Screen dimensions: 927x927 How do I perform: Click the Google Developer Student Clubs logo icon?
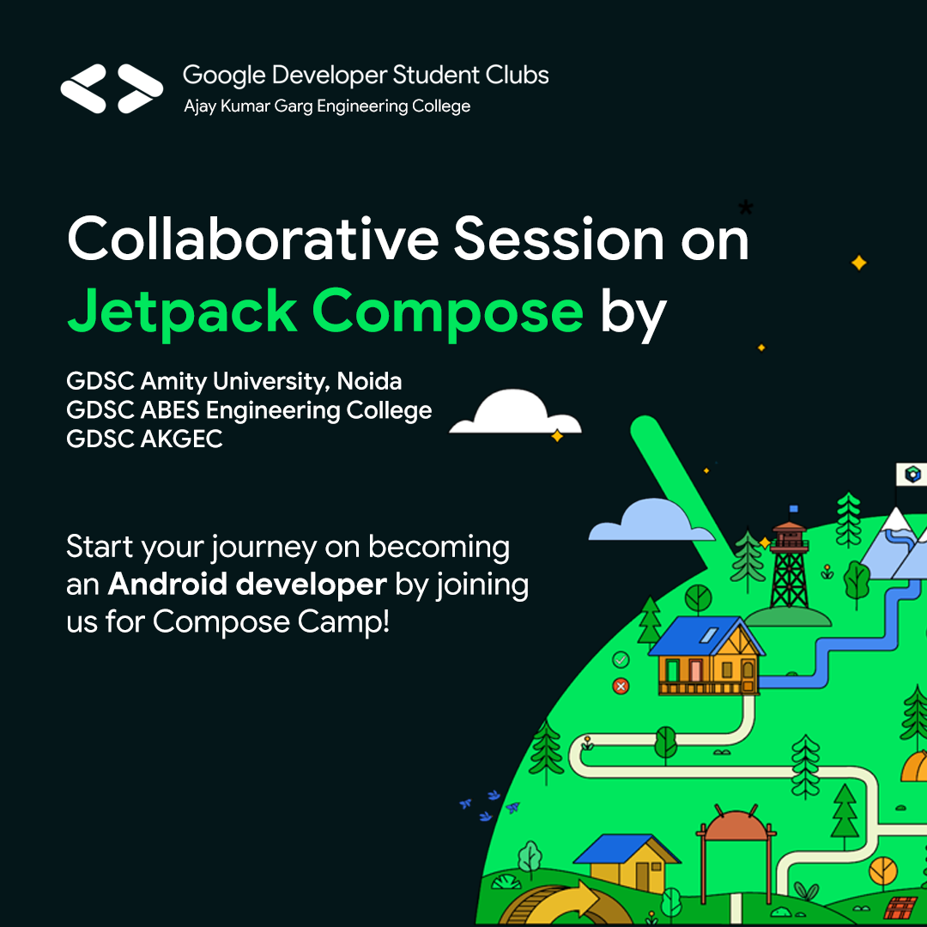pos(112,88)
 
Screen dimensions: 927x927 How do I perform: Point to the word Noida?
pos(369,381)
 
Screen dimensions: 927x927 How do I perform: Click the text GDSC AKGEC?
pos(144,439)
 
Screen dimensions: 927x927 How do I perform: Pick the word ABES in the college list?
pos(171,410)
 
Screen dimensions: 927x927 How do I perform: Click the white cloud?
pos(516,413)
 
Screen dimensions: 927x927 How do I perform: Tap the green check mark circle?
pos(621,660)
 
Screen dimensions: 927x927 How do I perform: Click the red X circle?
pos(621,686)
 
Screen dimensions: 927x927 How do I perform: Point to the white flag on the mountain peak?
pos(912,475)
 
